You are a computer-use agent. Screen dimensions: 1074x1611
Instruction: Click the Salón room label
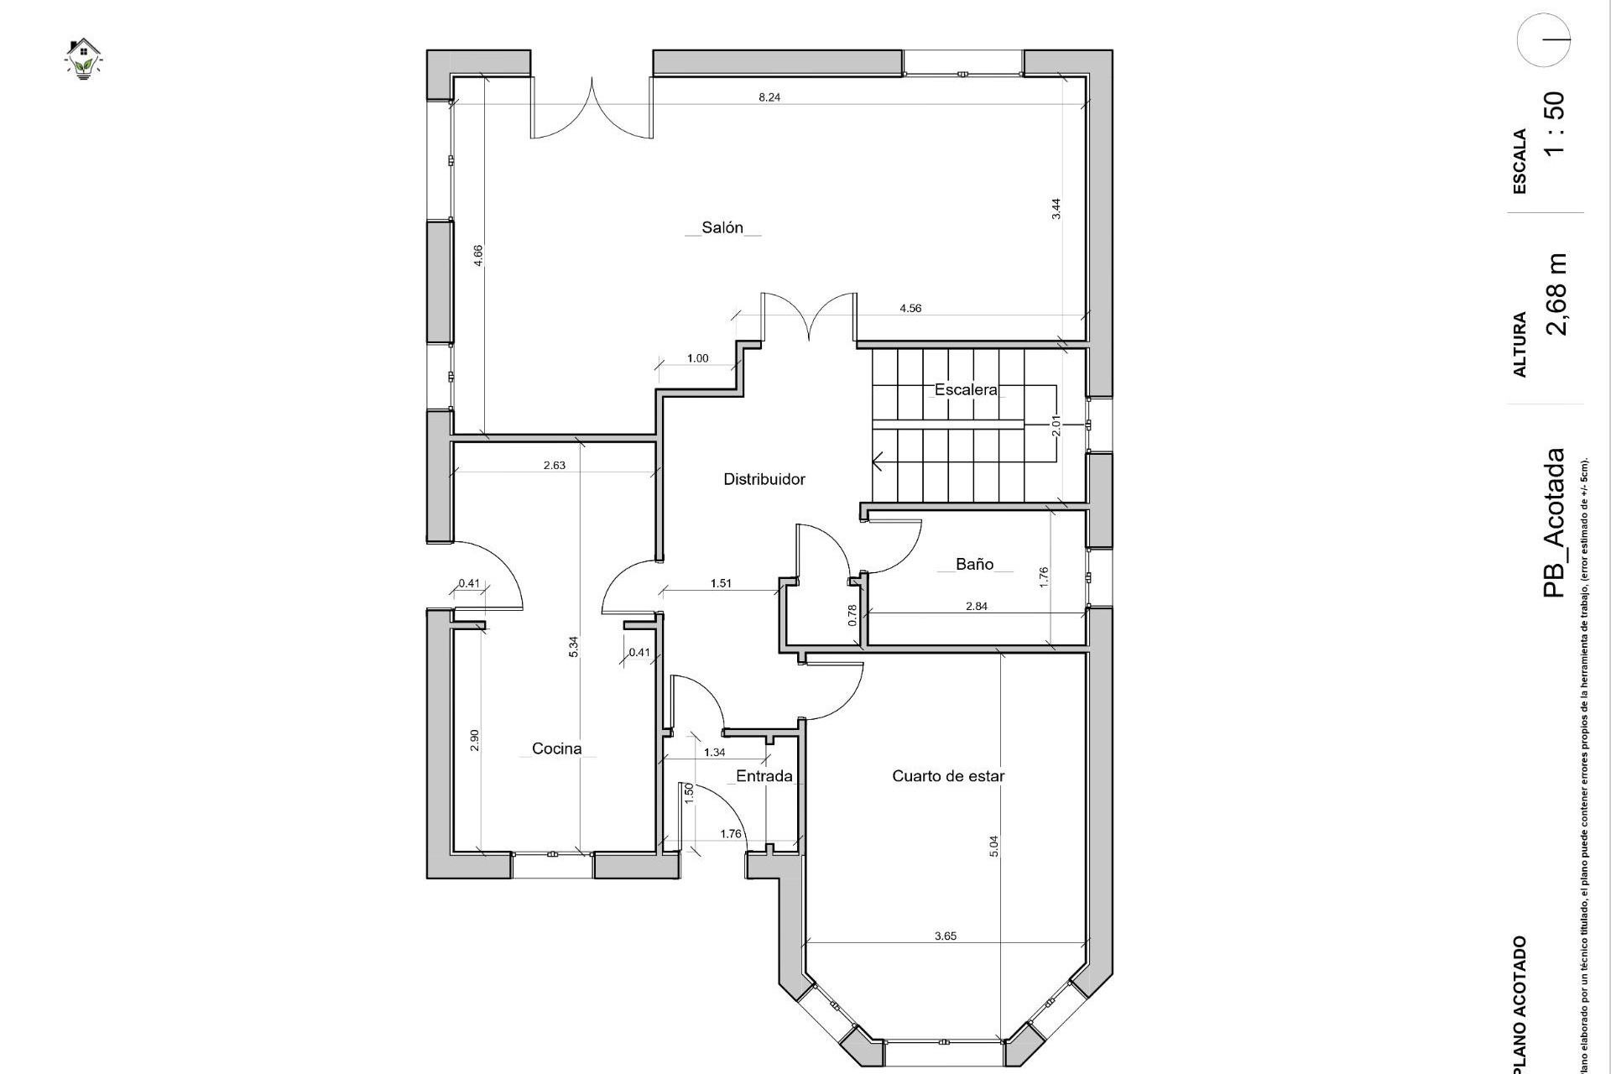(x=722, y=227)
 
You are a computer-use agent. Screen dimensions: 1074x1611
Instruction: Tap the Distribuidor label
(x=764, y=479)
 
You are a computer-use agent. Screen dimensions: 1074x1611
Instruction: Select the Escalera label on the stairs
(x=966, y=389)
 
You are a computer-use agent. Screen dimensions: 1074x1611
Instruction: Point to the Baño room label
(x=974, y=564)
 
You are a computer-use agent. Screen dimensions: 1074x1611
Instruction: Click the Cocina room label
(x=556, y=748)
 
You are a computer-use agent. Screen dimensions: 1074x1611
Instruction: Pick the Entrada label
(x=764, y=776)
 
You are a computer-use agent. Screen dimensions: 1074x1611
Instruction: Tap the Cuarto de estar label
(x=948, y=776)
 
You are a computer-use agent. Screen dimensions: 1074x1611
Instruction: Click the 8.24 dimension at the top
(x=769, y=97)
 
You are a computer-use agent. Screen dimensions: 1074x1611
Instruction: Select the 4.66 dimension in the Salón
(x=478, y=255)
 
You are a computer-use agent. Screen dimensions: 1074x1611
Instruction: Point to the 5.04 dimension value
(x=994, y=846)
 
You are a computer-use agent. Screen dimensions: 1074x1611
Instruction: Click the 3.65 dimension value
(x=946, y=936)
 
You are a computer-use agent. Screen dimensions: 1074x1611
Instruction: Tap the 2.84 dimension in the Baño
(x=976, y=606)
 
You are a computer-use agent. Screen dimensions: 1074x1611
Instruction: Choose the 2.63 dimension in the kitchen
(x=554, y=465)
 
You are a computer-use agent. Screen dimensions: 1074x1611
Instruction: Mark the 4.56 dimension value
(x=910, y=308)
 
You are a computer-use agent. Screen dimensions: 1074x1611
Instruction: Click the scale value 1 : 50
(x=1554, y=123)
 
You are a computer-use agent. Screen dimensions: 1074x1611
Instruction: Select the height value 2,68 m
(x=1556, y=294)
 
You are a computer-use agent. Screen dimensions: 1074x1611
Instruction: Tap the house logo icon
(x=83, y=58)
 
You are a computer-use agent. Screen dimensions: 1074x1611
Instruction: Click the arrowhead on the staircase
(x=878, y=461)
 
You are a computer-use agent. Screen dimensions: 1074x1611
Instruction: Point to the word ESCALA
(x=1520, y=161)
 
